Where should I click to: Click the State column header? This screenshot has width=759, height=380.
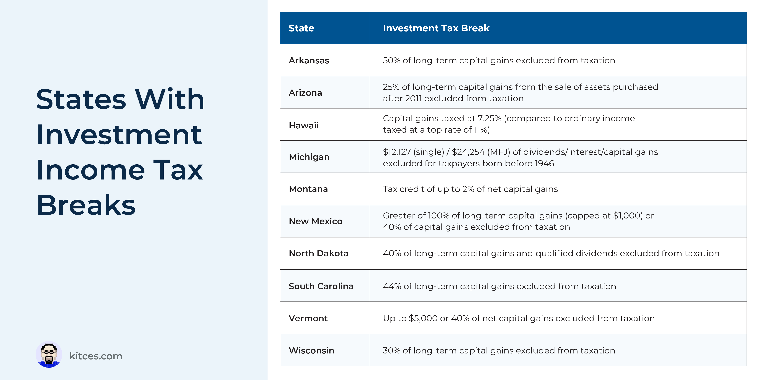[301, 28]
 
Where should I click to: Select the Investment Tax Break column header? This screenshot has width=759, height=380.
[436, 28]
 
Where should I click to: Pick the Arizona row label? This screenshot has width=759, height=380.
[305, 93]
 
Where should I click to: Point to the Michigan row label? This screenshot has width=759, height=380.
[309, 157]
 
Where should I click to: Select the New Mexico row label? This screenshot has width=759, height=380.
[316, 221]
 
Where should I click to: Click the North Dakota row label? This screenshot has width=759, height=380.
[319, 253]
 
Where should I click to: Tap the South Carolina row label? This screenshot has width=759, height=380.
[321, 286]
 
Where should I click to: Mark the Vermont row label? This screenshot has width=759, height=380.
[308, 318]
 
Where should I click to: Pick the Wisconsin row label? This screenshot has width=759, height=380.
[311, 350]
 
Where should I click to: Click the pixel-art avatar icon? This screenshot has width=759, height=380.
[49, 354]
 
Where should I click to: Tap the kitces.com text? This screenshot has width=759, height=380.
[96, 356]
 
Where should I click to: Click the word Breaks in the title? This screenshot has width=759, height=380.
[86, 205]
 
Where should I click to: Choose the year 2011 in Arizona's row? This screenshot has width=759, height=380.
[413, 98]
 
